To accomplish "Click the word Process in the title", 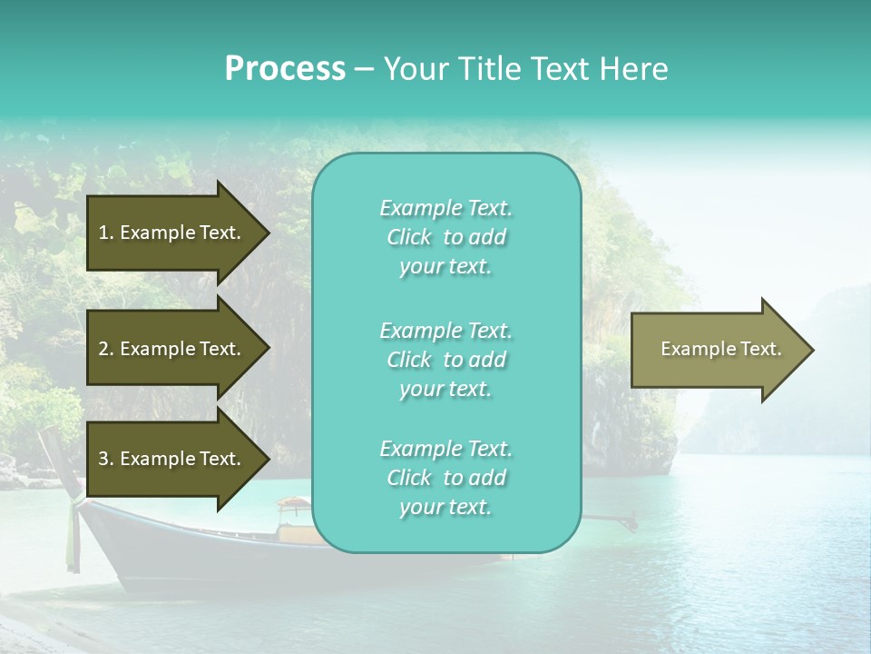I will pos(285,69).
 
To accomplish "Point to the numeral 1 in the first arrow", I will pos(103,233).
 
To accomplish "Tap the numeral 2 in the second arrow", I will pos(103,349).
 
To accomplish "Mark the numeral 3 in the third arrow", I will pos(103,459).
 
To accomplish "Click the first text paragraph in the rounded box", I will pos(445,237).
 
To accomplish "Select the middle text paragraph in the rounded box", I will pos(445,360).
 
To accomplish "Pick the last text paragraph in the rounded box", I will pos(445,478).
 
